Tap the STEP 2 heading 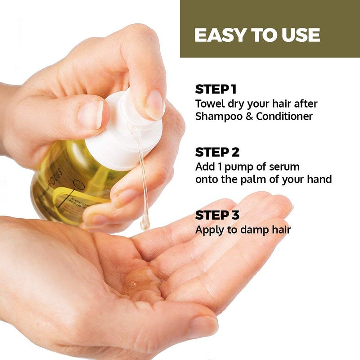click(x=216, y=152)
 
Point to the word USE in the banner click(x=301, y=35)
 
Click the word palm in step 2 click(x=260, y=179)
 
